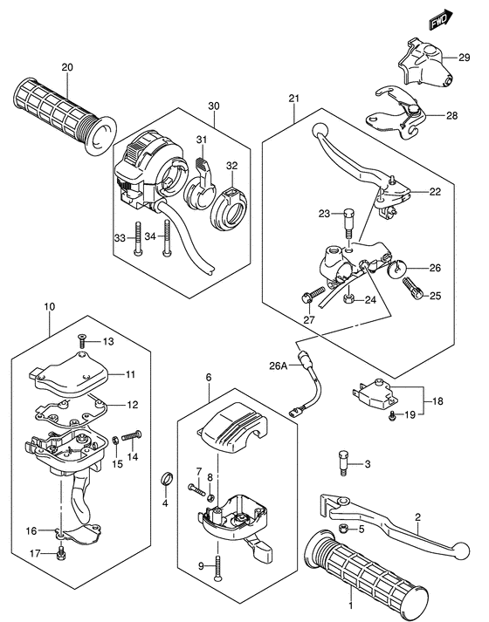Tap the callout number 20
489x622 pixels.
coord(67,67)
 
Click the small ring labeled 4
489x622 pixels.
coord(163,478)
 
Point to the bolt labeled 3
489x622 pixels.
coord(342,462)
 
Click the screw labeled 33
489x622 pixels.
coord(138,238)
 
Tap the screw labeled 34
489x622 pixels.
coord(165,240)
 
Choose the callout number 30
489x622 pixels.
coord(213,106)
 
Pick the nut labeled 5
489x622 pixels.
coord(343,529)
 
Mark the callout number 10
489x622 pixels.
coord(49,307)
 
